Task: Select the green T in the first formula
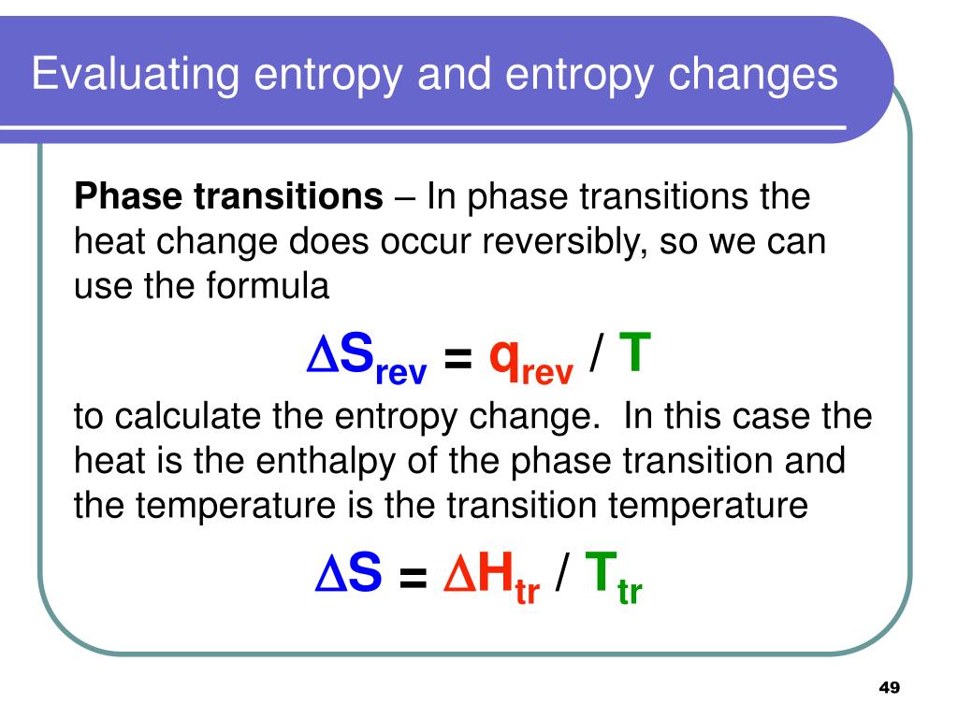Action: click(x=634, y=355)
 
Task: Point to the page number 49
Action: click(x=889, y=687)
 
